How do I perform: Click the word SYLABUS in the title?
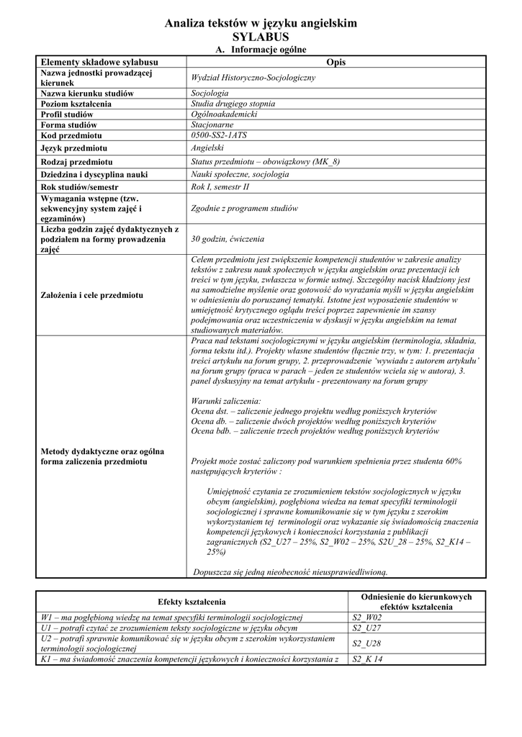click(x=261, y=37)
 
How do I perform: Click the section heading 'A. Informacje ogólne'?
click(x=261, y=50)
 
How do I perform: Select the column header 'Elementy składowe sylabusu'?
click(x=99, y=63)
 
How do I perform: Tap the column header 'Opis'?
click(x=336, y=63)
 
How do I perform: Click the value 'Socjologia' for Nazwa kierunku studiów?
click(x=210, y=94)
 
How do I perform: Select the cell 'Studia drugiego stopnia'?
click(x=233, y=104)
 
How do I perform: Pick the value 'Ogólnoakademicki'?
click(x=223, y=114)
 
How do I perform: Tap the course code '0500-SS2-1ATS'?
click(x=219, y=135)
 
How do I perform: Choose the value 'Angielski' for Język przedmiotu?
click(x=208, y=148)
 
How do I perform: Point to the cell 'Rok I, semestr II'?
click(x=220, y=187)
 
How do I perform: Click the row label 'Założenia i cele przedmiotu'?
click(x=91, y=295)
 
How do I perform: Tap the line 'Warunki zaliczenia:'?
click(x=226, y=400)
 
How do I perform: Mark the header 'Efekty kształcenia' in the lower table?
click(x=192, y=602)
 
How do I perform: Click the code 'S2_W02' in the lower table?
click(x=366, y=618)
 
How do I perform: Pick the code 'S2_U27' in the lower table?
click(x=366, y=628)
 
